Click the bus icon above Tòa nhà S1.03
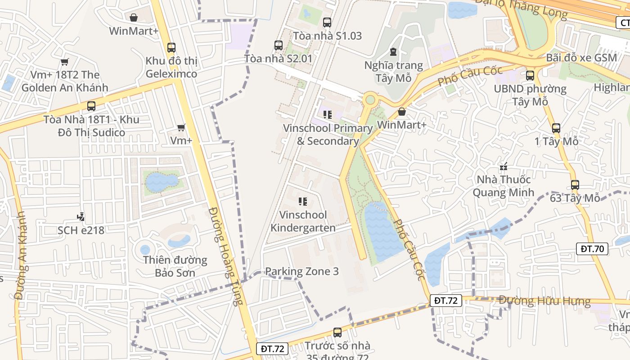[327, 22]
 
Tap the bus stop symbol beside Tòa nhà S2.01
[279, 45]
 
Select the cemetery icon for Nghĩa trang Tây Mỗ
[394, 52]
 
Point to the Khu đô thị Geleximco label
[171, 67]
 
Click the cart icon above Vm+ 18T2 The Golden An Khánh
[65, 62]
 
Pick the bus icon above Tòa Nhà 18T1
[91, 106]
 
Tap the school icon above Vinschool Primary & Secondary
[327, 115]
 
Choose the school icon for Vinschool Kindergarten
[303, 202]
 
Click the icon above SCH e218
[81, 217]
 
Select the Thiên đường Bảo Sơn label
[175, 266]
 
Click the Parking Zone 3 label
[302, 271]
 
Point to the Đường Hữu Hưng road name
[544, 300]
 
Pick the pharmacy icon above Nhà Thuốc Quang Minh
[504, 166]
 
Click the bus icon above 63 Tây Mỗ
[575, 184]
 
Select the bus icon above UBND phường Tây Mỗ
[530, 75]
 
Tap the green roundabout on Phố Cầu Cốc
[370, 99]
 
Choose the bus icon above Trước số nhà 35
[337, 333]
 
